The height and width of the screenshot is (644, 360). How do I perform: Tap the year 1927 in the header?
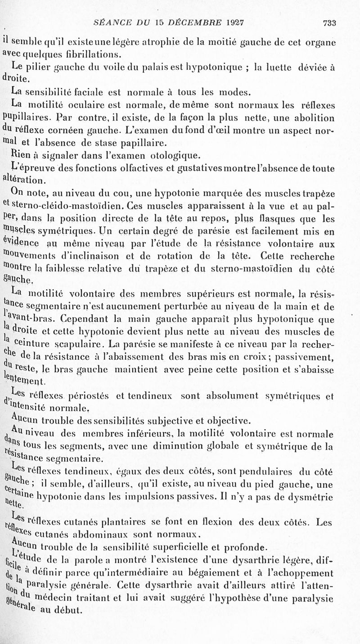(x=238, y=21)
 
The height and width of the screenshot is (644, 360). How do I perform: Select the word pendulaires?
(x=267, y=472)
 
